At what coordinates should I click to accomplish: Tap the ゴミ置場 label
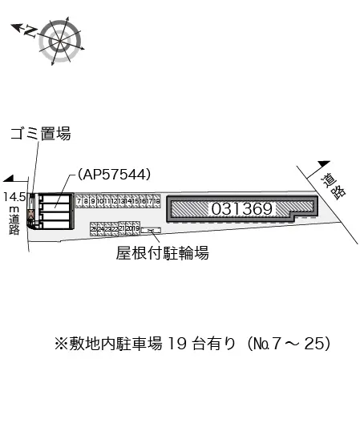tap(40, 134)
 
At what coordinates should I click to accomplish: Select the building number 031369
tap(243, 207)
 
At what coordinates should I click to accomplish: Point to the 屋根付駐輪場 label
tap(162, 254)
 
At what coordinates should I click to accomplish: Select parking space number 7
tap(79, 201)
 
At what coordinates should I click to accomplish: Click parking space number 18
tap(158, 201)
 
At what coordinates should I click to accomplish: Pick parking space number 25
tap(94, 229)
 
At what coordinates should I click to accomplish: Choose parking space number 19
tap(136, 228)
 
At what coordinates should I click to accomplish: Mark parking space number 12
tap(115, 201)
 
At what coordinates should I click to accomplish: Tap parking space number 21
tap(122, 228)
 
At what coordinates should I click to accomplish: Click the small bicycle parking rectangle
tap(151, 231)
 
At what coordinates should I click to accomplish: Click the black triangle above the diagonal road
tap(323, 162)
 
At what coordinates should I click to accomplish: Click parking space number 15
tap(136, 201)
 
